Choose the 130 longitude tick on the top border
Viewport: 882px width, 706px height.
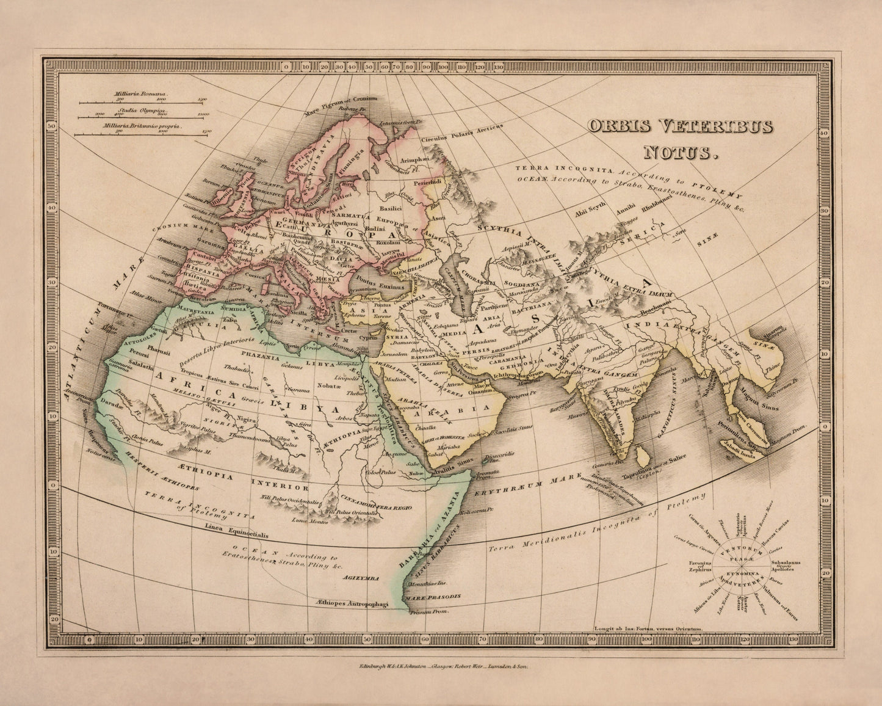point(499,67)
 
